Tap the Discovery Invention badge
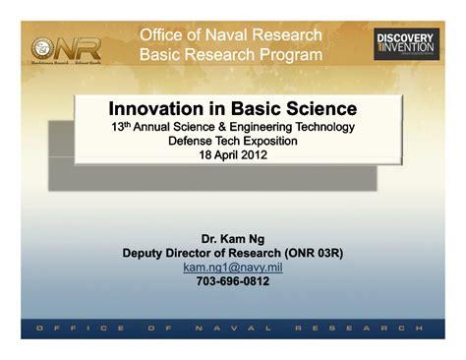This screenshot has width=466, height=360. [404, 44]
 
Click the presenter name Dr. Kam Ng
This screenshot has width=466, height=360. [232, 238]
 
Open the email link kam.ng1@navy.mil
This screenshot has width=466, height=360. [232, 267]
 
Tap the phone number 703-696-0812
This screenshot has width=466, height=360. [232, 281]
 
